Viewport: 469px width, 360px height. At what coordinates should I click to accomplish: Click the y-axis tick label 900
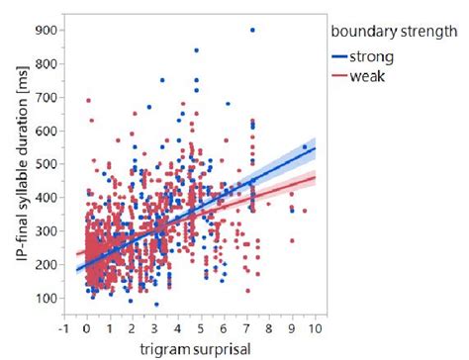coord(43,30)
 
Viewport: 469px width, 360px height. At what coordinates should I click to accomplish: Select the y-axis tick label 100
coord(43,298)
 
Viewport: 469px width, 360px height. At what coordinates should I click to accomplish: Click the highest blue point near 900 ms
coord(252,31)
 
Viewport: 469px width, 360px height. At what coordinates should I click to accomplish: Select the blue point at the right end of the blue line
coord(304,148)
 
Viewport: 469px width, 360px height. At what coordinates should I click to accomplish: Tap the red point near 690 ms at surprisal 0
coord(88,100)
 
